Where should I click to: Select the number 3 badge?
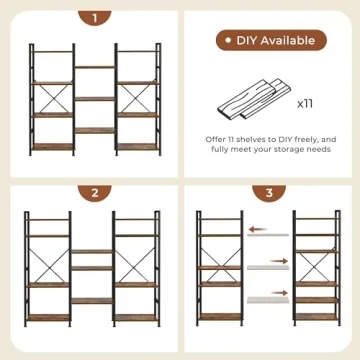pos(268,193)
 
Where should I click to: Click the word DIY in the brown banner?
pos(248,41)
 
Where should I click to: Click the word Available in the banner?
pos(289,41)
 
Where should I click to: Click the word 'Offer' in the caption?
pos(219,138)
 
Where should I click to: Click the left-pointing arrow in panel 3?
pos(262,229)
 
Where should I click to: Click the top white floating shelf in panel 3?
pos(268,236)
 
